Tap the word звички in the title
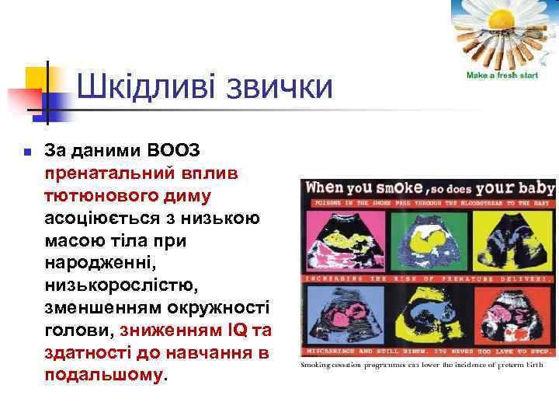[x=279, y=87]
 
